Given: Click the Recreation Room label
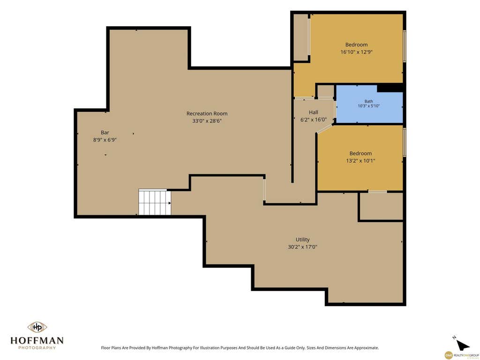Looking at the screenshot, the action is [207, 113].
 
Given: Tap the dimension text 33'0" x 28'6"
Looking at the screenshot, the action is [207, 121].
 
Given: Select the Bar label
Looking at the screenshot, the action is [105, 133].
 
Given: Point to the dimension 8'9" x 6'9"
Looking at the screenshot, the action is [105, 140].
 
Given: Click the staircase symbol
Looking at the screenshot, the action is [154, 202].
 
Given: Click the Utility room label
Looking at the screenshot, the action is [302, 240].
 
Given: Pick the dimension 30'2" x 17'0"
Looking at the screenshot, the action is [302, 247].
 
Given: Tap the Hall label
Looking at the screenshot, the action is [314, 112].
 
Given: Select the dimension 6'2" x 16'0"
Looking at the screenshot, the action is [314, 120].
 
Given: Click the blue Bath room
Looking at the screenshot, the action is [369, 104].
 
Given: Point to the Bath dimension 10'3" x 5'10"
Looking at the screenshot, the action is [369, 106].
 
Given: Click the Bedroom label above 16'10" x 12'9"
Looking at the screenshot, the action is [357, 45].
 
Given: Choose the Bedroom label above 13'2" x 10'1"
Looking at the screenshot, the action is [360, 153].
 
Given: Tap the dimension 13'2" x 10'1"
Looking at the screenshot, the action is [360, 161].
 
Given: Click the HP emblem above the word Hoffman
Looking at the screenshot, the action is [37, 327].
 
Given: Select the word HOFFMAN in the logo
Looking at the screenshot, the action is [37, 340].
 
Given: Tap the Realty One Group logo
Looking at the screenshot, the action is [462, 355].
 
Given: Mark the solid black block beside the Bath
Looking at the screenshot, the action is [390, 88].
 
